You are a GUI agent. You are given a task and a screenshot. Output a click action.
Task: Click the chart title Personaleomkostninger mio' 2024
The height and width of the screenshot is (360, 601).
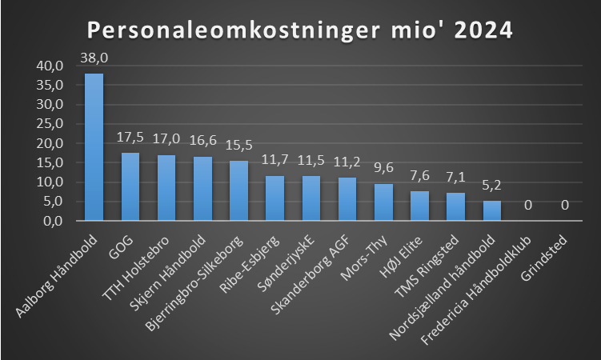pyautogui.click(x=299, y=30)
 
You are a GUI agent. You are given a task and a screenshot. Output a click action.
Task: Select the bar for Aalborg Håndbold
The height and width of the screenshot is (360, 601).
pyautogui.click(x=94, y=147)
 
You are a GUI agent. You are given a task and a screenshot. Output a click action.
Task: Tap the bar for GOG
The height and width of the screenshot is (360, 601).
pyautogui.click(x=130, y=186)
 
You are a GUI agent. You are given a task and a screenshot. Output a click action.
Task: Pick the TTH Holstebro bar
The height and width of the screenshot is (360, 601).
pyautogui.click(x=166, y=188)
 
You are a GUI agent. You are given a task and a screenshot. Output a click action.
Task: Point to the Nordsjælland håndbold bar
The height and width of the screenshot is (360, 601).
pyautogui.click(x=491, y=210)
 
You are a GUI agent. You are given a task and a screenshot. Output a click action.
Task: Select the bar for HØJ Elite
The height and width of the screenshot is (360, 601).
pyautogui.click(x=419, y=206)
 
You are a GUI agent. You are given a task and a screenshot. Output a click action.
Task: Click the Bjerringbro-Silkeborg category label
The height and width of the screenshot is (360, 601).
pyautogui.click(x=205, y=276)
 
